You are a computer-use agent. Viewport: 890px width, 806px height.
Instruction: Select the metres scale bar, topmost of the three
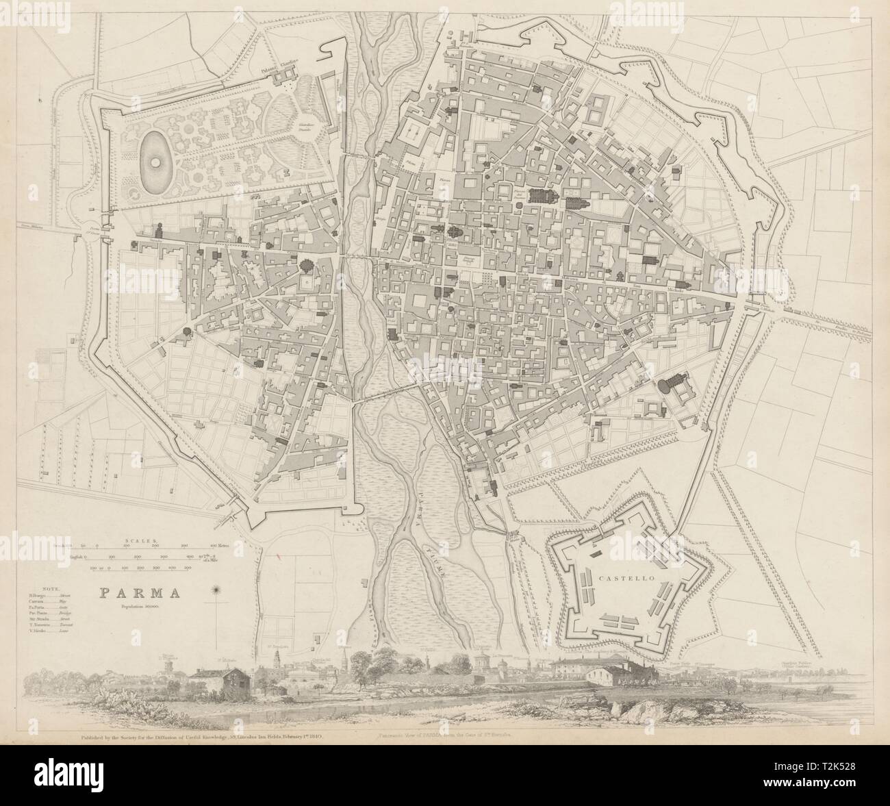pos(151,547)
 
